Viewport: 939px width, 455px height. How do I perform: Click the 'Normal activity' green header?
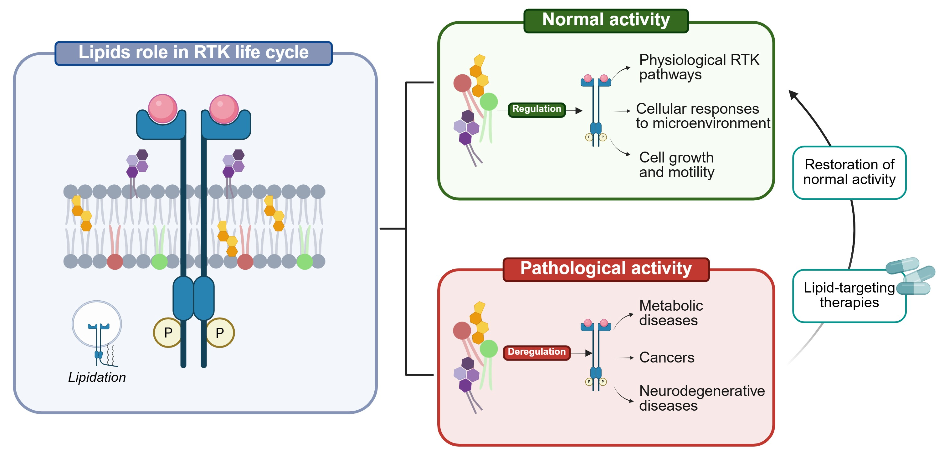click(606, 21)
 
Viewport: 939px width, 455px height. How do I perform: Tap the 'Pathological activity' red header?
click(606, 269)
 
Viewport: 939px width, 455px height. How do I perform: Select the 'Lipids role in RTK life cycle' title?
click(193, 53)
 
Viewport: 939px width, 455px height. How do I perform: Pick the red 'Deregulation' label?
click(536, 352)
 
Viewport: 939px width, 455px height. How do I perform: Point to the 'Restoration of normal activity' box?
click(849, 172)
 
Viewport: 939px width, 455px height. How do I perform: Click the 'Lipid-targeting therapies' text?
click(849, 295)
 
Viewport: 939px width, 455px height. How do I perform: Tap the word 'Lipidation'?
click(97, 377)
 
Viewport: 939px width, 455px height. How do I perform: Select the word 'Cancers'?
click(667, 357)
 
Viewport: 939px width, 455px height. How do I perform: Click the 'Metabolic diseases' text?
click(671, 313)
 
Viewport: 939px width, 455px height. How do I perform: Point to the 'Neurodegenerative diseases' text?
click(702, 398)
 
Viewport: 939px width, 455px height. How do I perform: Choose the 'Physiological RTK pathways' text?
click(699, 67)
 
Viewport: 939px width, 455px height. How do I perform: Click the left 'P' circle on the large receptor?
click(167, 332)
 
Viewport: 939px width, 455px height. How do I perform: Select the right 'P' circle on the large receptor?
click(220, 332)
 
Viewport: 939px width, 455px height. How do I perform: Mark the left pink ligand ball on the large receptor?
click(162, 108)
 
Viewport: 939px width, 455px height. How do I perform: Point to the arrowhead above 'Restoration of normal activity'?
click(793, 95)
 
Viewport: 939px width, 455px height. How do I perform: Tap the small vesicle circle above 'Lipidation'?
click(97, 324)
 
